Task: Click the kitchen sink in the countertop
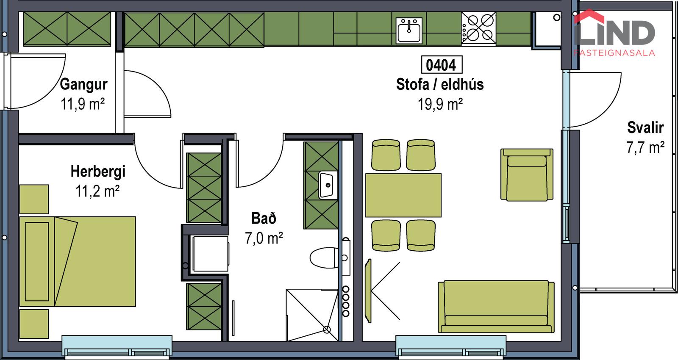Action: (409, 30)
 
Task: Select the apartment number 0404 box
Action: (442, 64)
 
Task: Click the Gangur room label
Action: (83, 84)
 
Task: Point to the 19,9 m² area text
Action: (440, 104)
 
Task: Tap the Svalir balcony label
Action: (645, 127)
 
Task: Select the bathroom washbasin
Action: (328, 185)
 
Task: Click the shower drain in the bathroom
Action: (327, 330)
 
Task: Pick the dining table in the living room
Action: (403, 195)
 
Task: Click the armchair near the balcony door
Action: (527, 174)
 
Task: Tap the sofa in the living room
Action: (496, 307)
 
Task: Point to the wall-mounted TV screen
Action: (368, 291)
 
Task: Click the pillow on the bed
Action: (37, 262)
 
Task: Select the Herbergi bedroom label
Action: (98, 171)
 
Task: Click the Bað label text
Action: (264, 218)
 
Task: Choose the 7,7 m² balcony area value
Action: (645, 148)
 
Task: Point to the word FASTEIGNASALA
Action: (614, 53)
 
